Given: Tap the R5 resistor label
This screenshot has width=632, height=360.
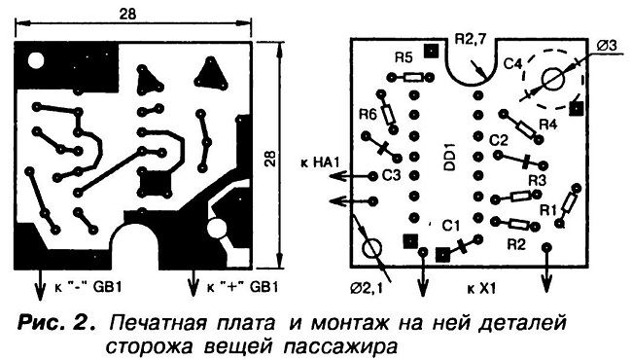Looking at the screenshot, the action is [x=404, y=58].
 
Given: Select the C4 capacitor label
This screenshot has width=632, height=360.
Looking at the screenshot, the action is [x=513, y=63].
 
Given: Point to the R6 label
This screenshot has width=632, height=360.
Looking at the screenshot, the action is [x=368, y=115].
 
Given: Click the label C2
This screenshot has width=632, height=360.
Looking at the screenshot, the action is [x=500, y=140].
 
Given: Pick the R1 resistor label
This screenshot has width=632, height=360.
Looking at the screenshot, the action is [x=548, y=209].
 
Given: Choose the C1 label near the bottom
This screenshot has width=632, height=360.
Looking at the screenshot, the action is [x=450, y=226].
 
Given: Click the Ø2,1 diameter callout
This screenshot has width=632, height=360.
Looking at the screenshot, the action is [x=367, y=289].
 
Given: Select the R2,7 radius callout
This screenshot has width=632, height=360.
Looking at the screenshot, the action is [x=471, y=39].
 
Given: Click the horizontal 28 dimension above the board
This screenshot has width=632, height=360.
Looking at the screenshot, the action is [x=127, y=14].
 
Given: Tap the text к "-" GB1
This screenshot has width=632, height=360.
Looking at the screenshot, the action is [x=88, y=287].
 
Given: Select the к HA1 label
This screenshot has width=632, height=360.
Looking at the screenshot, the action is [x=321, y=162].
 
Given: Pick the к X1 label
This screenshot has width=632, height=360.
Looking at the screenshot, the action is [x=481, y=289].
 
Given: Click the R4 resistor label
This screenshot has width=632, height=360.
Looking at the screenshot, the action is [x=547, y=125].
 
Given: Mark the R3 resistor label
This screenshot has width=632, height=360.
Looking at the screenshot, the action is [x=538, y=180].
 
